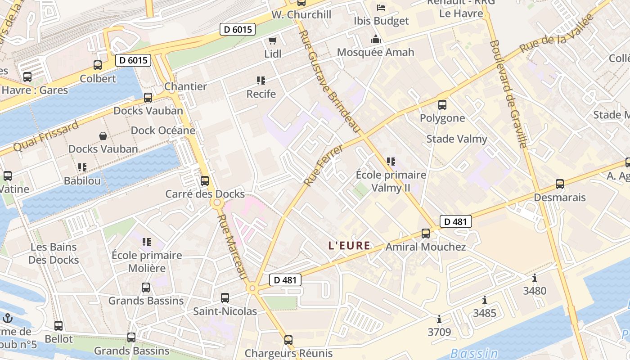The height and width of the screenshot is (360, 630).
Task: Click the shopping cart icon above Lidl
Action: coord(272,41)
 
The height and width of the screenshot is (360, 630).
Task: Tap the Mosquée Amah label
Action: coord(375,52)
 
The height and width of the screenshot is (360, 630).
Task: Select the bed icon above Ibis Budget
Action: coord(381,8)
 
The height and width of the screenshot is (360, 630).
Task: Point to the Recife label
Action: coord(261,94)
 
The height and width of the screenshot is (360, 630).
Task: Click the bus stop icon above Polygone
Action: coord(442,105)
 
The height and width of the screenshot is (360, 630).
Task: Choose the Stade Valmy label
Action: coord(456,139)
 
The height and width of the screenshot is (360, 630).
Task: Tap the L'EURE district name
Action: coord(349,246)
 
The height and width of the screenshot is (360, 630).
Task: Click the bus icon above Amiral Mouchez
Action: coord(426,234)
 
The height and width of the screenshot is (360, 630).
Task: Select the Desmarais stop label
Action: coord(559,198)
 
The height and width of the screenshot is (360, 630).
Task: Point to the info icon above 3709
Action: coord(439,319)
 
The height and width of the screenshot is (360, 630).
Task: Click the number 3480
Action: coord(535,291)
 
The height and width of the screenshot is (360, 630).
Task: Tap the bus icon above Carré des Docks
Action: coord(205,181)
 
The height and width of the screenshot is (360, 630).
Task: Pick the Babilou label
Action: coord(82,181)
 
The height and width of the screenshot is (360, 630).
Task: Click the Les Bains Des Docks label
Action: coord(54,253)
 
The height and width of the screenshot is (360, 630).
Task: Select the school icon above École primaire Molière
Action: coord(147,242)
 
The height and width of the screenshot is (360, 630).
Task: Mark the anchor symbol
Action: coord(8,319)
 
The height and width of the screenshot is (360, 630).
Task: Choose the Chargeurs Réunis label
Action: coord(288,353)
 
